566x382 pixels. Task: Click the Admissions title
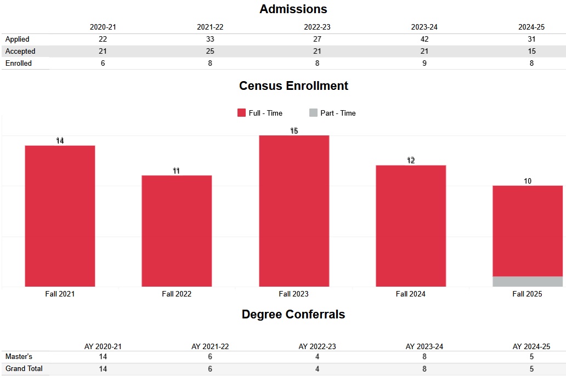[x=293, y=9]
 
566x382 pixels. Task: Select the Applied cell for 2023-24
[x=424, y=39]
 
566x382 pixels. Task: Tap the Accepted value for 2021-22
[x=210, y=52]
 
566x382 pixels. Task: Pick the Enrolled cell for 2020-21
[x=103, y=64]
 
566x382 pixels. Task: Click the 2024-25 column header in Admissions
[x=531, y=27]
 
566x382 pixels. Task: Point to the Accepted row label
[x=20, y=52]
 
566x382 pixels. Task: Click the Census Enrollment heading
[x=293, y=86]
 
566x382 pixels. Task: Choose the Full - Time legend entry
[x=260, y=113]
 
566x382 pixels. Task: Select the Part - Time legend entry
[x=332, y=113]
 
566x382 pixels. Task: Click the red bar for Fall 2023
[x=294, y=211]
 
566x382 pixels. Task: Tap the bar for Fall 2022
[x=177, y=231]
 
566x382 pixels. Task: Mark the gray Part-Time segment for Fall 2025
[x=528, y=282]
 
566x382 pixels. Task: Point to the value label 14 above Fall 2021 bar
[x=60, y=141]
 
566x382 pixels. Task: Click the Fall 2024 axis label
[x=410, y=294]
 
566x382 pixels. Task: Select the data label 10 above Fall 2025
[x=528, y=181]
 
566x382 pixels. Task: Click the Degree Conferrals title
[x=293, y=315]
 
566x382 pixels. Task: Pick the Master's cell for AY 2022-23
[x=318, y=357]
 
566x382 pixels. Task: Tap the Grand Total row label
[x=24, y=369]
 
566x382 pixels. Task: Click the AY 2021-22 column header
[x=210, y=347]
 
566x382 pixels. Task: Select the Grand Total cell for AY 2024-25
[x=531, y=369]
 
